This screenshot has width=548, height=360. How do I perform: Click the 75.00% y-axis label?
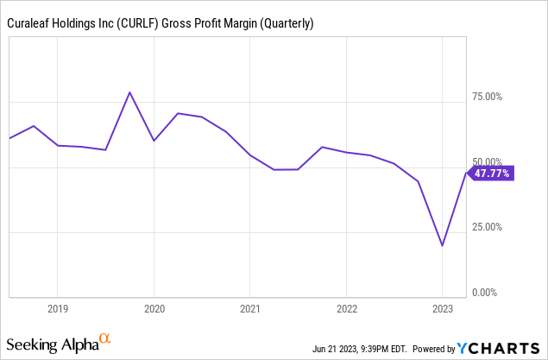490,97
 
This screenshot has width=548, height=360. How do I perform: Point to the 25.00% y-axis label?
490,228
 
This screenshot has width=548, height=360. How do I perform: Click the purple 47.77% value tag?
491,174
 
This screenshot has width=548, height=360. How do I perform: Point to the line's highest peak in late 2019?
129,92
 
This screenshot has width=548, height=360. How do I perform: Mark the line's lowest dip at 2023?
442,246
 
